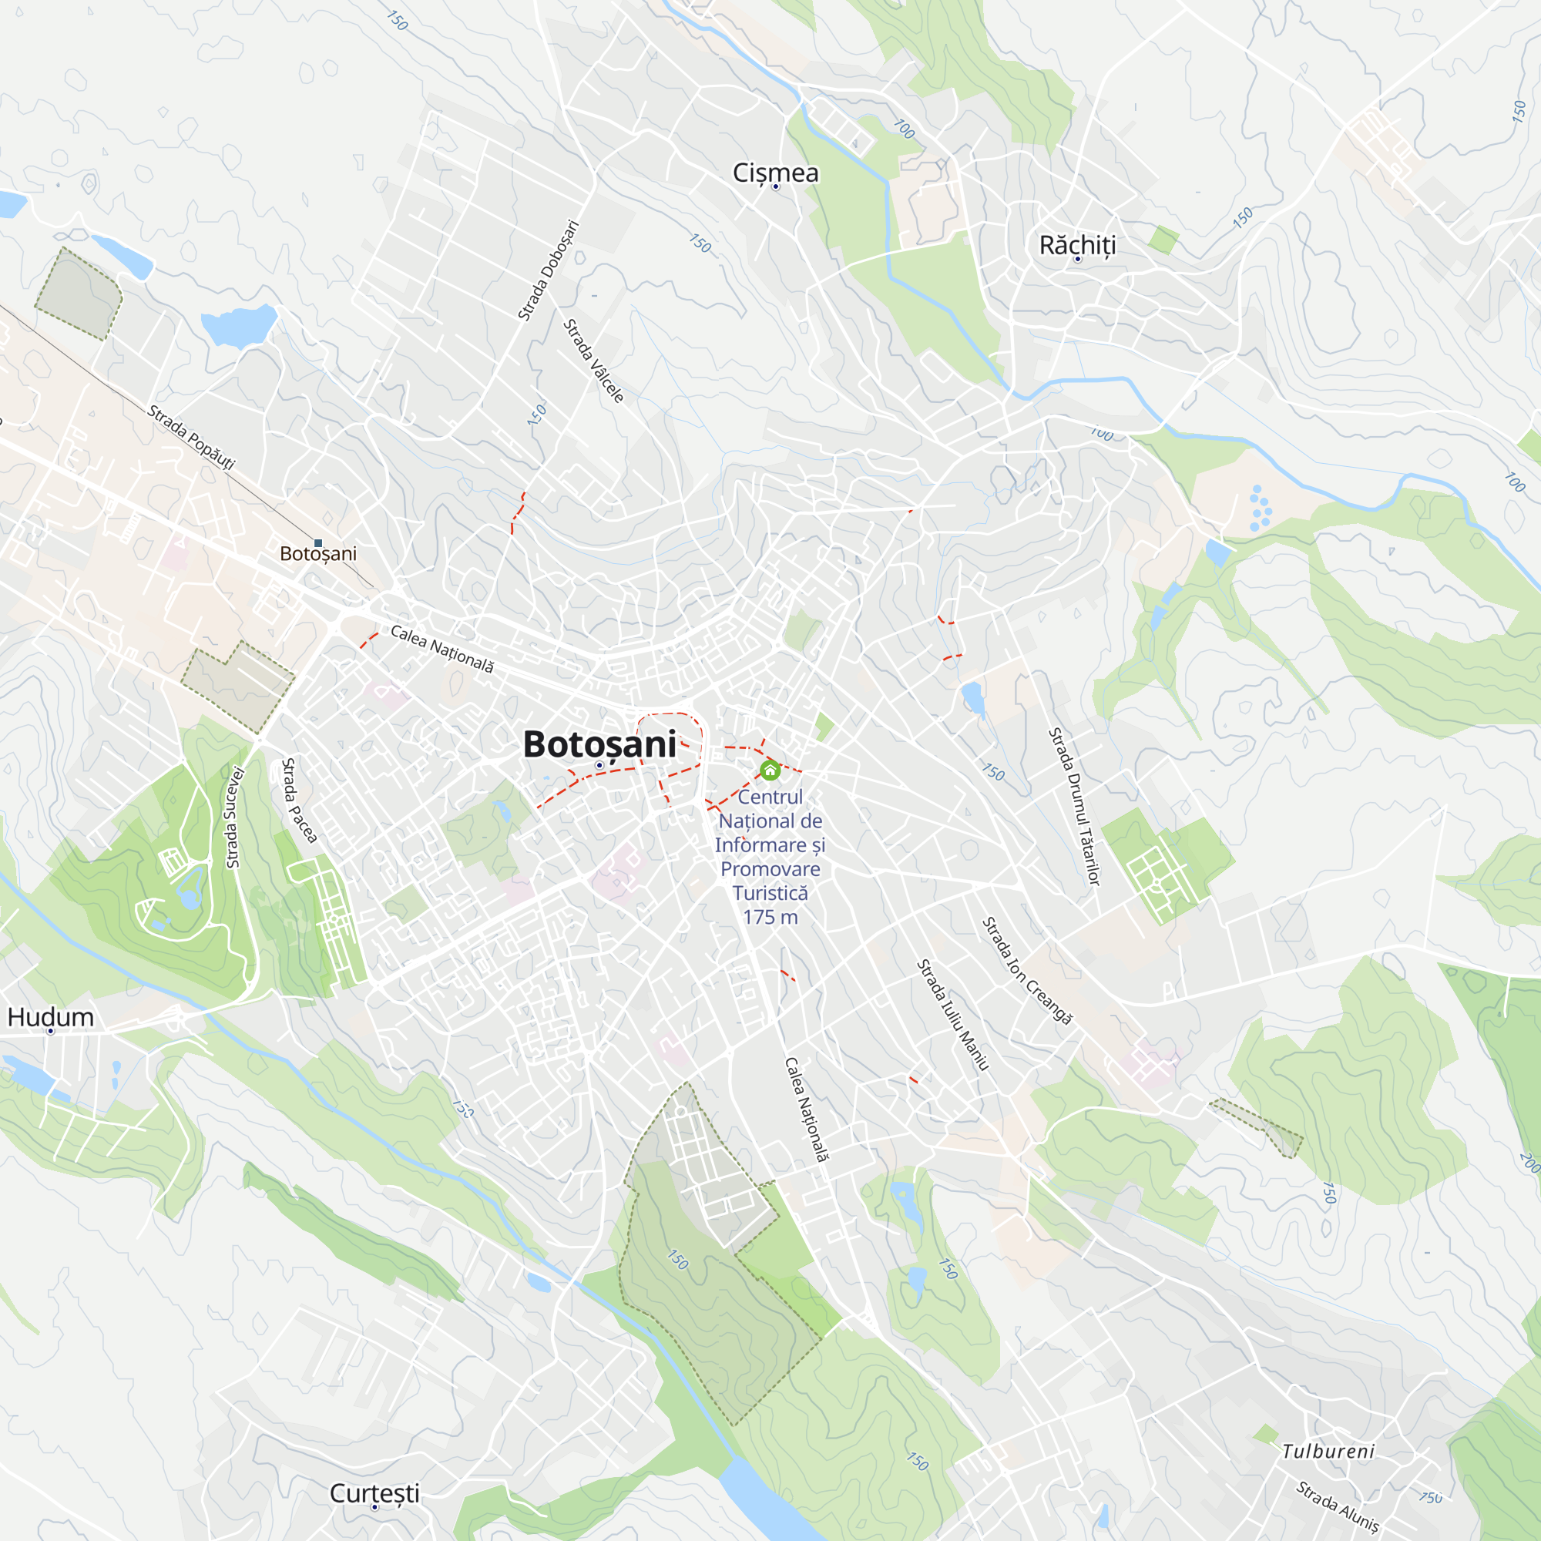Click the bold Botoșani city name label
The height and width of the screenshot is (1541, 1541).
599,744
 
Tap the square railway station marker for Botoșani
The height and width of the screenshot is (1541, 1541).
318,543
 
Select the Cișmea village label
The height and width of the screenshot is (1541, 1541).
775,173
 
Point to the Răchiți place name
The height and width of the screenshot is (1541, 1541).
1077,244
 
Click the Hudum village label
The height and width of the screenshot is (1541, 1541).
50,1017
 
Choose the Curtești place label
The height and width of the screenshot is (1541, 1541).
374,1492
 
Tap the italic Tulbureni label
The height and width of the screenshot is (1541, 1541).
1328,1451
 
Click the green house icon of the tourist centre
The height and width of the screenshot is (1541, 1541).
770,770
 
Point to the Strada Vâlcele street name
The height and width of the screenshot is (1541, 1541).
593,361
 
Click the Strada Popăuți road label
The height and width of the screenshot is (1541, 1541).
191,437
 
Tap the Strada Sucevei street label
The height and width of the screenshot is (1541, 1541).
233,817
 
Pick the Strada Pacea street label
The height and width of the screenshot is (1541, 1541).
299,800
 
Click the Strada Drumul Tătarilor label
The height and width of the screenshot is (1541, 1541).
1073,807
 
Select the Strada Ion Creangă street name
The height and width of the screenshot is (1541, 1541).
1026,970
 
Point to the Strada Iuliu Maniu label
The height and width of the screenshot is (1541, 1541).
952,1015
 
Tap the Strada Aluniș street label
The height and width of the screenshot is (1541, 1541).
1337,1506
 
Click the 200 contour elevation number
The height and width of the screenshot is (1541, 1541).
1528,1162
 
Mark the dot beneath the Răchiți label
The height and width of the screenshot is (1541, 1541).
1078,259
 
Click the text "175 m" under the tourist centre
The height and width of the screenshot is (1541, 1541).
770,917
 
